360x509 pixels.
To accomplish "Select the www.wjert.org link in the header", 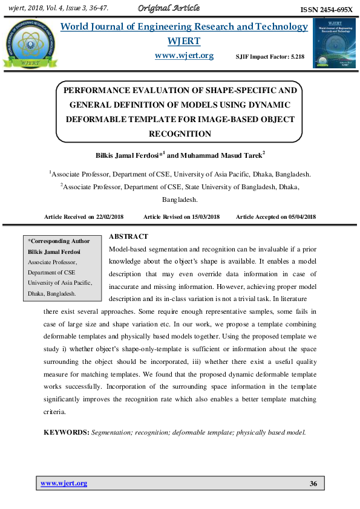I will point(184,56).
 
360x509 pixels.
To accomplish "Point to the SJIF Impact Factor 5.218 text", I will point(270,56).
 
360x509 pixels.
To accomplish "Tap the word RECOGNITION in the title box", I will point(180,134).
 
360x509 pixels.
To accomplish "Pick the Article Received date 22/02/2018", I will point(114,216).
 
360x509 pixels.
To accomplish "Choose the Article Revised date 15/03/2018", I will point(201,216).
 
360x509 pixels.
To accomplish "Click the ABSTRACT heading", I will point(128,236).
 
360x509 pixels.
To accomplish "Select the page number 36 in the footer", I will point(313,483).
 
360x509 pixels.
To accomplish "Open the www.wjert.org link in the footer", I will point(64,483).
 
